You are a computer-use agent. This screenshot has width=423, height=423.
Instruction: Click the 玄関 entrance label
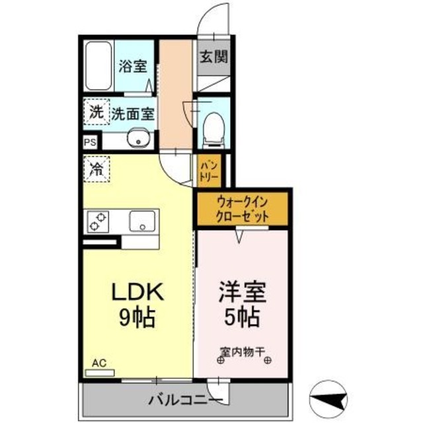212,56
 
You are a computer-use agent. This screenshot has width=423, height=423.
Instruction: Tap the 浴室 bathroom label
132,66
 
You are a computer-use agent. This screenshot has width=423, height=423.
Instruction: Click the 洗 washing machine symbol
96,112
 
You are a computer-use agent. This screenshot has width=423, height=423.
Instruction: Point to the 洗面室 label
132,113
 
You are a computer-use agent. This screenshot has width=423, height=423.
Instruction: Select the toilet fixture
213,127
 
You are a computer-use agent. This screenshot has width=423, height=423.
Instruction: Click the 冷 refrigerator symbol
96,168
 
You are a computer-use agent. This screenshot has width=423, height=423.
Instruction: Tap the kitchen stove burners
98,221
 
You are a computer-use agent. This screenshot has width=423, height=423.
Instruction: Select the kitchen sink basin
142,220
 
